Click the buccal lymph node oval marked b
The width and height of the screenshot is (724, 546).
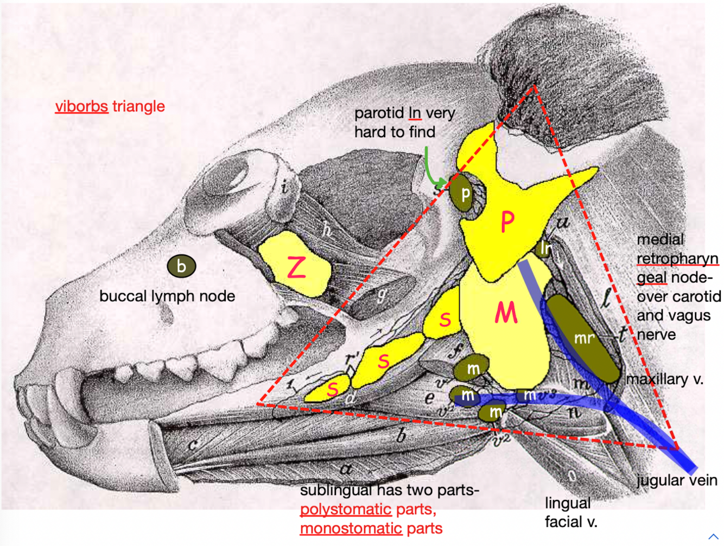click(x=181, y=266)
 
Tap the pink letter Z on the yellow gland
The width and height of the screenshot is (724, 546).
click(x=296, y=268)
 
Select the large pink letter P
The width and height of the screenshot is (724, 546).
click(x=507, y=221)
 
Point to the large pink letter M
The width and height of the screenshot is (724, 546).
click(x=506, y=313)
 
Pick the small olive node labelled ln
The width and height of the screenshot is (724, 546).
click(x=545, y=248)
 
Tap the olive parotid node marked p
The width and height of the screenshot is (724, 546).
click(x=465, y=194)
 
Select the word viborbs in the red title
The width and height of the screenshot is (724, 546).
click(x=81, y=106)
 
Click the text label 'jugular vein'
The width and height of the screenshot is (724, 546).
click(x=677, y=480)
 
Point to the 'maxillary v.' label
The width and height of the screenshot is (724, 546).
click(x=665, y=379)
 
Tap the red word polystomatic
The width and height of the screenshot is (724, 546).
click(x=345, y=510)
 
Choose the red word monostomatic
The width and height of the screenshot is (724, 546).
click(x=351, y=528)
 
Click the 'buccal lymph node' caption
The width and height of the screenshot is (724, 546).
click(x=167, y=296)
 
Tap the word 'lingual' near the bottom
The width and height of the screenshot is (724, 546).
click(x=568, y=504)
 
